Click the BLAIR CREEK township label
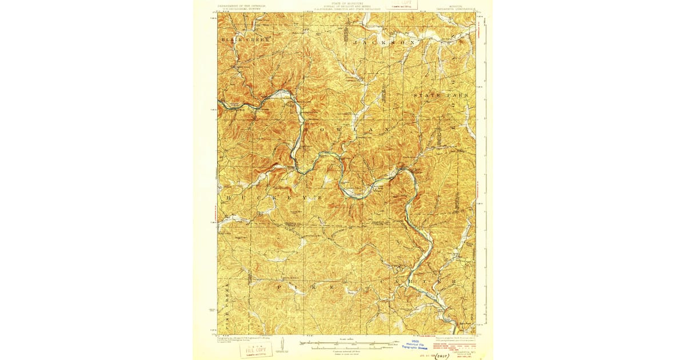pos(236,40)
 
